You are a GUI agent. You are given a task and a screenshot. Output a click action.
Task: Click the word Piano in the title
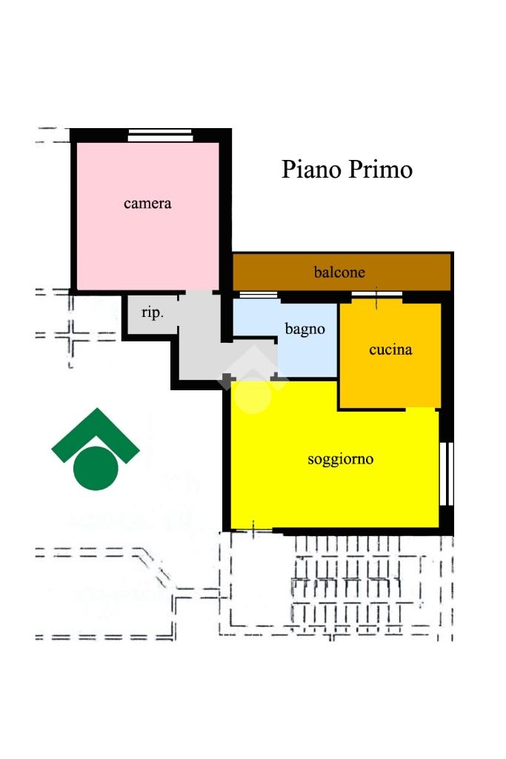pyautogui.click(x=312, y=170)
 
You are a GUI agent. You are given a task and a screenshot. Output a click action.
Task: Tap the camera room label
pyautogui.click(x=147, y=204)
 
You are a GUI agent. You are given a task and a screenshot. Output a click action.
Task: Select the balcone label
pyautogui.click(x=339, y=272)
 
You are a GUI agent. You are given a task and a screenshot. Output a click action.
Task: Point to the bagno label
pyautogui.click(x=304, y=330)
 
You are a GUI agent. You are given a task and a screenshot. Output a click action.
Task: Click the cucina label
pyautogui.click(x=390, y=350)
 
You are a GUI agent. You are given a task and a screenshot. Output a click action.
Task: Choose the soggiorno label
pyautogui.click(x=340, y=459)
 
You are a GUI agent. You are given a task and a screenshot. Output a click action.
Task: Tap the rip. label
pyautogui.click(x=153, y=312)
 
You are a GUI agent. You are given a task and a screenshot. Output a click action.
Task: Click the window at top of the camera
pyautogui.click(x=160, y=135)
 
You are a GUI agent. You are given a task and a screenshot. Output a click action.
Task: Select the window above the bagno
pyautogui.click(x=259, y=295)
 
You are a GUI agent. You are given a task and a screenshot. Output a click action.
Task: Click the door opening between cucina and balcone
pyautogui.click(x=376, y=295)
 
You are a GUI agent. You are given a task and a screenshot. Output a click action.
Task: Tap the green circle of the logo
pyautogui.click(x=96, y=468)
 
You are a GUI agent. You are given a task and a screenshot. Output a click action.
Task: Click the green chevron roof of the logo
pyautogui.click(x=96, y=433)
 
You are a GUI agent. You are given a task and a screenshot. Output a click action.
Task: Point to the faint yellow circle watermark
pyautogui.click(x=253, y=396)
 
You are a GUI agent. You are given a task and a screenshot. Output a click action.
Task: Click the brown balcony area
pyautogui.click(x=342, y=272)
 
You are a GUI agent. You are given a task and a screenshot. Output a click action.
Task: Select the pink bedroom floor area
pyautogui.click(x=147, y=216)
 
